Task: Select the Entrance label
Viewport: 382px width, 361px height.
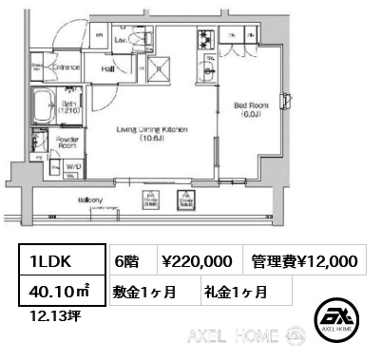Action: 67,66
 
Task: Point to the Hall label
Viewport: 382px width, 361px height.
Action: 108,67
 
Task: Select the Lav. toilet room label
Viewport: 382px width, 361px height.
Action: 120,41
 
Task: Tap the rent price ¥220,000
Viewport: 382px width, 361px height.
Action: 197,261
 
